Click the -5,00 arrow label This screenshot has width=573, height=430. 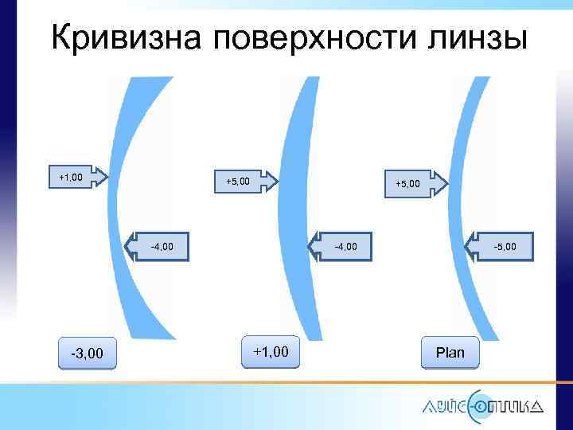[504, 247]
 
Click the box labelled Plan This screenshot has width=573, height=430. [450, 352]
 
